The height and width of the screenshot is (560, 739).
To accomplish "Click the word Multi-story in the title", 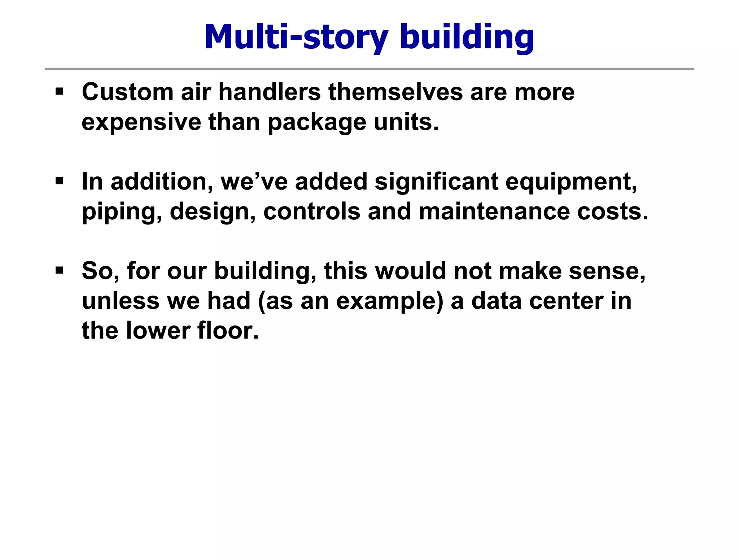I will [x=296, y=37].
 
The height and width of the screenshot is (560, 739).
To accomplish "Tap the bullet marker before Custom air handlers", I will [x=60, y=91].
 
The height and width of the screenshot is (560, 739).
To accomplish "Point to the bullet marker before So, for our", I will [x=60, y=270].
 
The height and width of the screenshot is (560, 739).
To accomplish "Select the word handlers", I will [x=270, y=92].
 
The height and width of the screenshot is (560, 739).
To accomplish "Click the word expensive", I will [x=141, y=123].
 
